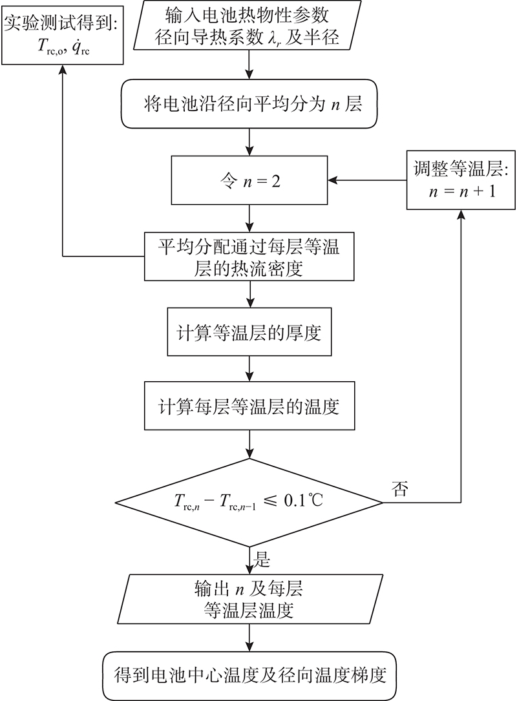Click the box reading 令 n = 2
249,180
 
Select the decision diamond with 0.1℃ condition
249,503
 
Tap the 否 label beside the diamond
400,488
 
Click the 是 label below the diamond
262,559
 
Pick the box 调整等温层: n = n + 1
461,180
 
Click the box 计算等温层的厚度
249,331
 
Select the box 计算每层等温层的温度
249,406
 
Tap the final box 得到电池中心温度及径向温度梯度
249,676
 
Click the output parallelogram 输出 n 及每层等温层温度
249,599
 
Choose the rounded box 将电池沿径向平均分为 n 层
249,104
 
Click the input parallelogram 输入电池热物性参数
249,25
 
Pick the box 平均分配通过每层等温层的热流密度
249,256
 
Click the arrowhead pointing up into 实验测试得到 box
62,69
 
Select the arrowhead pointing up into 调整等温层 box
461,214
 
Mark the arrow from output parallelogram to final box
249,638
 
